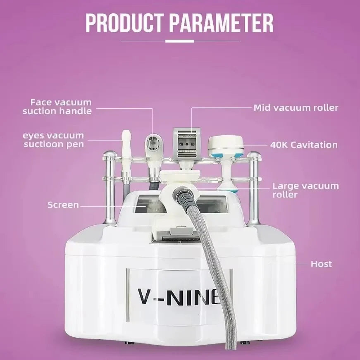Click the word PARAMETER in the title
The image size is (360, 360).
tap(222, 24)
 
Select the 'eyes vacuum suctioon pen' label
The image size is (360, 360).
tap(54, 140)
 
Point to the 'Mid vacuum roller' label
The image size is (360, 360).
tap(296, 108)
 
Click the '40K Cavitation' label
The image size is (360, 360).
tap(304, 145)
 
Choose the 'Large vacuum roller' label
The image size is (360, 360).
tap(305, 190)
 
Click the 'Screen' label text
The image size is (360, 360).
tap(63, 205)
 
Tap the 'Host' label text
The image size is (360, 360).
tap(321, 264)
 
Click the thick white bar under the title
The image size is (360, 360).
tap(179, 41)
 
